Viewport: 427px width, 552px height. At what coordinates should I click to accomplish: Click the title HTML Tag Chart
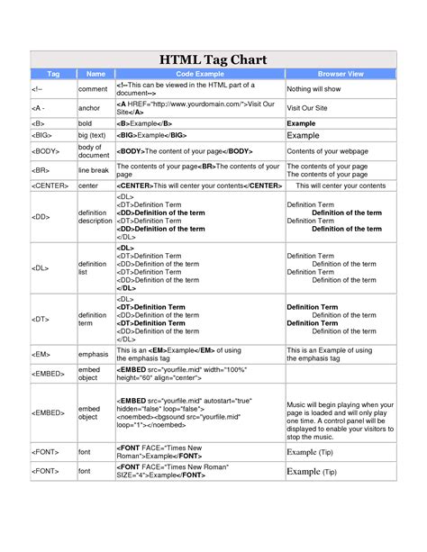pos(213,59)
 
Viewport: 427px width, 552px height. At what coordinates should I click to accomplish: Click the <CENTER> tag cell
pos(50,186)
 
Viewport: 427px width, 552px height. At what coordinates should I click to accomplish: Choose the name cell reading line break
pos(93,170)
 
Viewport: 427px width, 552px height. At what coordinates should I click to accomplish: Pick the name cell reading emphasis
pos(94,355)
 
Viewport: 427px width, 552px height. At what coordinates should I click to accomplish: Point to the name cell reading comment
pos(93,89)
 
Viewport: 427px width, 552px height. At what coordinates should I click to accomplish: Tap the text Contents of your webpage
pos(328,151)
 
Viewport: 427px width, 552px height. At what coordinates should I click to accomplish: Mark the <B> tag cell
pos(38,122)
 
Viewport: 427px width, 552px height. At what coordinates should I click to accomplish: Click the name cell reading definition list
pos(93,267)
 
